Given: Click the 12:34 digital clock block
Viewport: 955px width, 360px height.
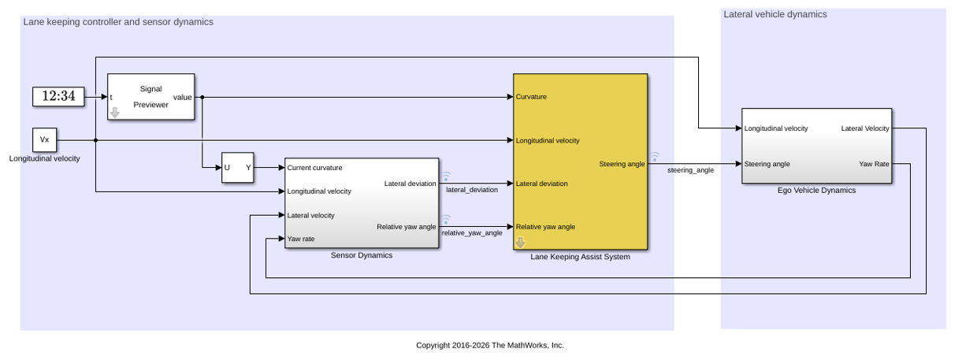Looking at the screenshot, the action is point(58,97).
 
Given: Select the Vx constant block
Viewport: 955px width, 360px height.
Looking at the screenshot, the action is point(44,139).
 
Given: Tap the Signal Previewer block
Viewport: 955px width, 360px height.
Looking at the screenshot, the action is point(151,97).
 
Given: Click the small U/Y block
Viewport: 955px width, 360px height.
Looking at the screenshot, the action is point(237,168).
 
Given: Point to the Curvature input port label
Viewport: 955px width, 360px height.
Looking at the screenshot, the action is point(531,97).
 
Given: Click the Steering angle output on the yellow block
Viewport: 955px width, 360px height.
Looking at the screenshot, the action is point(622,164).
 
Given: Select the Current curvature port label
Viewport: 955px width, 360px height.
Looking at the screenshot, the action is point(314,168).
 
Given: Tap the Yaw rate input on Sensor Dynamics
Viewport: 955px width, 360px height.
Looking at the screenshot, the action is point(300,239).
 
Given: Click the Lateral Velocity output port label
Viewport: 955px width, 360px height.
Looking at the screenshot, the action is point(865,128).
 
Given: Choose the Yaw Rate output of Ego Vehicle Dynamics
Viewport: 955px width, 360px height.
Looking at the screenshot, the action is point(874,164).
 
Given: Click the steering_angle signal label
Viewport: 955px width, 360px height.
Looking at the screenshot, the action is point(690,170).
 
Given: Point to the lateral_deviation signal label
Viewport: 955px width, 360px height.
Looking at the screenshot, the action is point(472,190).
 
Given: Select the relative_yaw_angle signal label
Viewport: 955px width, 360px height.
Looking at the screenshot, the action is point(472,233).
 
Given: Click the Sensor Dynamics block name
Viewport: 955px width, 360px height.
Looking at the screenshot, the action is point(362,255).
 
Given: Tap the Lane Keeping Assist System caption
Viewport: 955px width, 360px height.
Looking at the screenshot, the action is point(580,257).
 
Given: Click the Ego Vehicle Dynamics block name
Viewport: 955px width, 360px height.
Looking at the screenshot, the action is point(816,191).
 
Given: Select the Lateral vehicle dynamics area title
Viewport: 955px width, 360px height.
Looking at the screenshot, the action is point(775,14).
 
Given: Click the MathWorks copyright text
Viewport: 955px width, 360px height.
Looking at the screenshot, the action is point(490,346).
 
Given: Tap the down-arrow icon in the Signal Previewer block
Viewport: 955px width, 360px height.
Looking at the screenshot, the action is point(115,113).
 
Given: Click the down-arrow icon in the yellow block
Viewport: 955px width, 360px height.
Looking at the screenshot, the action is point(520,243).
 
